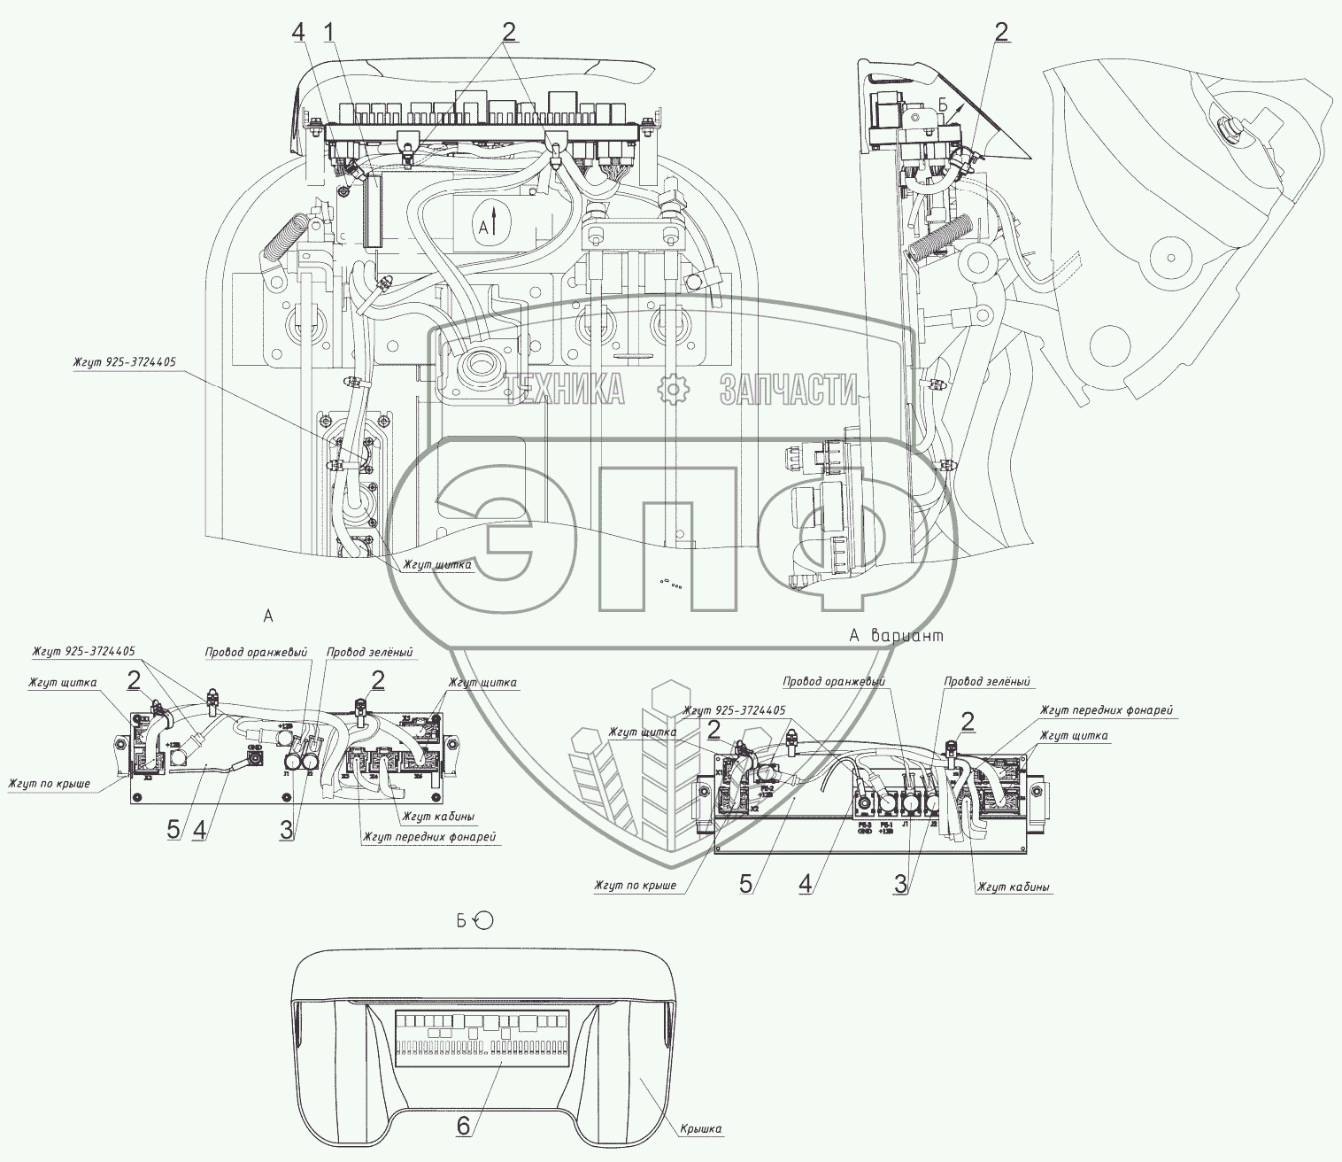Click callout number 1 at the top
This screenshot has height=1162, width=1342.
click(x=328, y=33)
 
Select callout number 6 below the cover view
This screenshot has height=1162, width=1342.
click(x=462, y=1125)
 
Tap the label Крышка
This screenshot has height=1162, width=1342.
click(x=701, y=1128)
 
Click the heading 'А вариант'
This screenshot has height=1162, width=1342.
click(x=896, y=635)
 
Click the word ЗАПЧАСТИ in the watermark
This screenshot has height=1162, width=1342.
click(x=788, y=389)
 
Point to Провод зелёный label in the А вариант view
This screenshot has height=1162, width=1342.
click(x=986, y=682)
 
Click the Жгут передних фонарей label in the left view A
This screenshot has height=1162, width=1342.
click(x=428, y=837)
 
